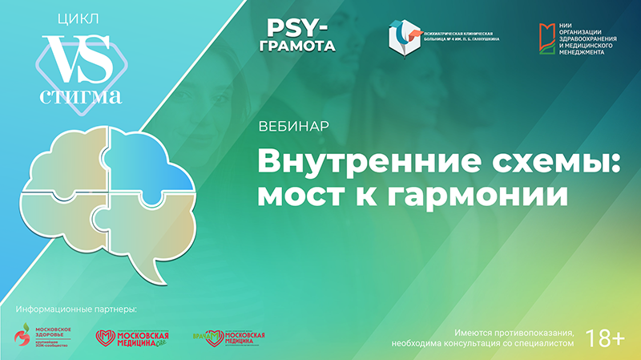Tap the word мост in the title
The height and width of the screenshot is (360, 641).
pos(296,193)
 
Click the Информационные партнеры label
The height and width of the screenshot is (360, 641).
pos(76,309)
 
